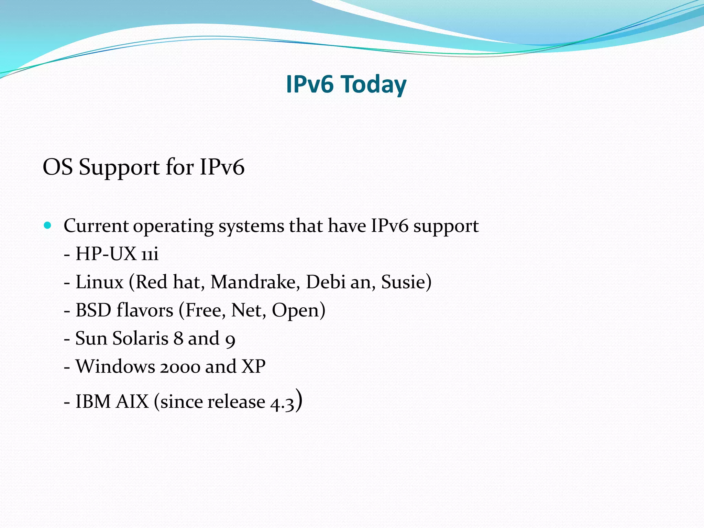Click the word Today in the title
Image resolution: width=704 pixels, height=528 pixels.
click(x=374, y=85)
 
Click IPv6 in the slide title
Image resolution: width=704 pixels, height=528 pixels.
click(x=309, y=85)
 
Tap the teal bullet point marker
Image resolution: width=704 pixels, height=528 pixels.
click(x=48, y=226)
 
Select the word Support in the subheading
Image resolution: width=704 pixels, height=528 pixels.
click(x=119, y=168)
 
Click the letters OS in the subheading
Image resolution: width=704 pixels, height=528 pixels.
click(x=57, y=168)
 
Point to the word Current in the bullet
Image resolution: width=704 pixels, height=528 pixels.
click(x=96, y=226)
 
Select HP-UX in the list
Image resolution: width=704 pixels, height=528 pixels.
click(x=106, y=254)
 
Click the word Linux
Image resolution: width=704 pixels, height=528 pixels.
click(x=99, y=282)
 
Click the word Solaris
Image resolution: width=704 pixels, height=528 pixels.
click(x=141, y=339)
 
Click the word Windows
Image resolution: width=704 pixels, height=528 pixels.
click(x=115, y=366)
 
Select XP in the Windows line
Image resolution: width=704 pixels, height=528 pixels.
click(x=253, y=366)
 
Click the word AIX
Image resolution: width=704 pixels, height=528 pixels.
click(x=132, y=401)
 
